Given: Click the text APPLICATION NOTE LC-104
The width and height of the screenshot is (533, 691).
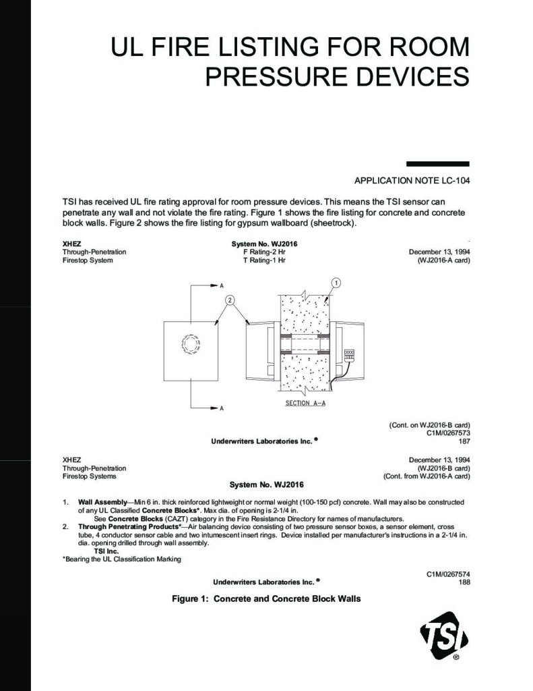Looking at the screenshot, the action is [x=412, y=181].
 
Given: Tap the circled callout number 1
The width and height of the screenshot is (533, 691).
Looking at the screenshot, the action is [x=336, y=283].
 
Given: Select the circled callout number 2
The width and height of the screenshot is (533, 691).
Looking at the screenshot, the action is [x=230, y=300].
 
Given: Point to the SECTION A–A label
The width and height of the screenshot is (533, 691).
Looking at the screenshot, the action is [x=305, y=403].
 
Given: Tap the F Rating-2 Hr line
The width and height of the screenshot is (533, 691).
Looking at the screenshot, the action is [x=264, y=252].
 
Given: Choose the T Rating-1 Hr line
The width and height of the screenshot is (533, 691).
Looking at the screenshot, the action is [x=264, y=260].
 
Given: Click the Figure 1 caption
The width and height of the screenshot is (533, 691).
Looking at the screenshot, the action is [x=266, y=599].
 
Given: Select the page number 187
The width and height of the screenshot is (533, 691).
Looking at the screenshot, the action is [x=464, y=441].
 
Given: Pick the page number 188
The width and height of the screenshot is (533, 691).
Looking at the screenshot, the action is [x=464, y=582].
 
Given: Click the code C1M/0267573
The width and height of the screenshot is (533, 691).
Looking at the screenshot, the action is [x=449, y=433].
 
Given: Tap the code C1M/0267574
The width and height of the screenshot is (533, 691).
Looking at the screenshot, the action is [x=449, y=574].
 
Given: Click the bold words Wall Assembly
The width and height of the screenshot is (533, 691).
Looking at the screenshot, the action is [x=102, y=502].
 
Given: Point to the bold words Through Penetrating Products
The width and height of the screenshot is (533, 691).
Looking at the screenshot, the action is [x=128, y=526].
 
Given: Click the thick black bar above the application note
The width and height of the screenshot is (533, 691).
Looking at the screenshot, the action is [x=437, y=164].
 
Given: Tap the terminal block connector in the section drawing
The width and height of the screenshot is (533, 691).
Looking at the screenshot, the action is [x=348, y=355].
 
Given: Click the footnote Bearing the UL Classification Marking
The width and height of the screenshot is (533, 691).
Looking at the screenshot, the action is [x=122, y=559].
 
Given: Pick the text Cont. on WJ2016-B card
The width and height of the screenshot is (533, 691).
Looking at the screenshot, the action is [x=430, y=425].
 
